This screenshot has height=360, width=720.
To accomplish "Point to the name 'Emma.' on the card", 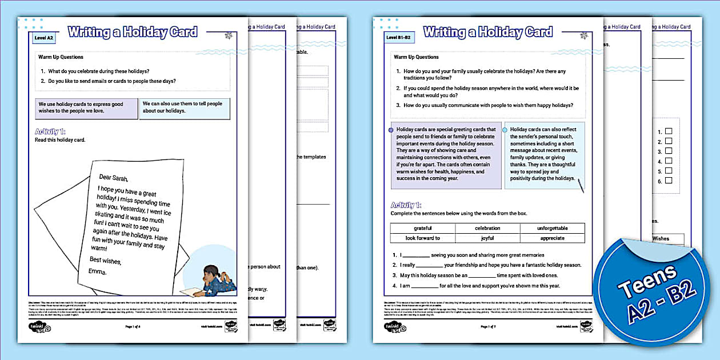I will (x=97, y=271).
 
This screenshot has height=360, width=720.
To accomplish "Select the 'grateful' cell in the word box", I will (x=423, y=229).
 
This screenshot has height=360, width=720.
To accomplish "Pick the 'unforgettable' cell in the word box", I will (x=552, y=229).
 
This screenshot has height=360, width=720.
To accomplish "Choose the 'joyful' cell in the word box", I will (x=487, y=238).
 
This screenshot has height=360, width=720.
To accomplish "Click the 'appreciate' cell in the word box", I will (x=552, y=238).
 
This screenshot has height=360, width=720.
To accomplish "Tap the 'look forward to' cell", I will (x=423, y=238).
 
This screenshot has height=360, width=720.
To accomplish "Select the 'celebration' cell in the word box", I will (x=487, y=229).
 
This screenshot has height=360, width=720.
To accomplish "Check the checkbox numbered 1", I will (x=669, y=131).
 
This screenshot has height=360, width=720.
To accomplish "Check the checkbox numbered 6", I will (x=669, y=181).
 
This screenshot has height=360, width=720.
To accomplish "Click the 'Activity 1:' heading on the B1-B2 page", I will (x=406, y=205).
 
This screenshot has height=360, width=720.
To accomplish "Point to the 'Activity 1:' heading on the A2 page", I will (x=50, y=131).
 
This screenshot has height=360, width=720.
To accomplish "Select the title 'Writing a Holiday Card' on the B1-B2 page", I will (x=488, y=32).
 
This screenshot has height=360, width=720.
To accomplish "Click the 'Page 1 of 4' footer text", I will (x=133, y=327).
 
